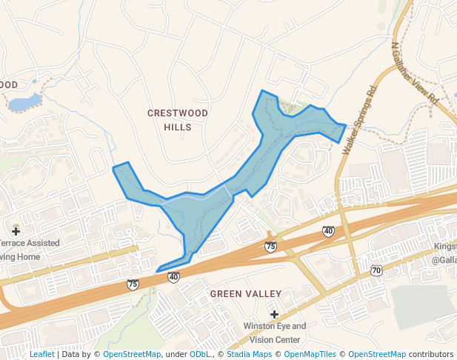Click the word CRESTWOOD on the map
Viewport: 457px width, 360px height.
[x=178, y=113]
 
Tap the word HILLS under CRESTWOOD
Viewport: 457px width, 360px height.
[x=178, y=127]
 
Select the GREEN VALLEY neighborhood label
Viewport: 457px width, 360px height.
[x=245, y=294]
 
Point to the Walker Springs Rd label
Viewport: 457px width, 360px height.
[x=360, y=119]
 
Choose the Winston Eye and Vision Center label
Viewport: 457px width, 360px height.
[x=274, y=333]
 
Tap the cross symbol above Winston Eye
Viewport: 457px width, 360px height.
[x=274, y=314]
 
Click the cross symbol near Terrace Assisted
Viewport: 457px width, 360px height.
[x=16, y=231]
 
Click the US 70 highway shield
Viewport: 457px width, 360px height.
[x=376, y=270]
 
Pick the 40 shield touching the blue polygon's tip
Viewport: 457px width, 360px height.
[x=173, y=277]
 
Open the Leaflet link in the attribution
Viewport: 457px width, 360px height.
[x=41, y=355]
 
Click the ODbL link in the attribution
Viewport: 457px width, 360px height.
[x=199, y=355]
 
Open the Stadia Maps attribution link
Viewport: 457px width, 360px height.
[x=248, y=355]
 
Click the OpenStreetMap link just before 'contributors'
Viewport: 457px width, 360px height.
[x=377, y=355]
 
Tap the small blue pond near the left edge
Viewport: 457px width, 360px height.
[x=24, y=102]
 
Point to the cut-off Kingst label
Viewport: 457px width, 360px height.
[x=445, y=246]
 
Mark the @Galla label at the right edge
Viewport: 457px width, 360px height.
[x=444, y=260]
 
